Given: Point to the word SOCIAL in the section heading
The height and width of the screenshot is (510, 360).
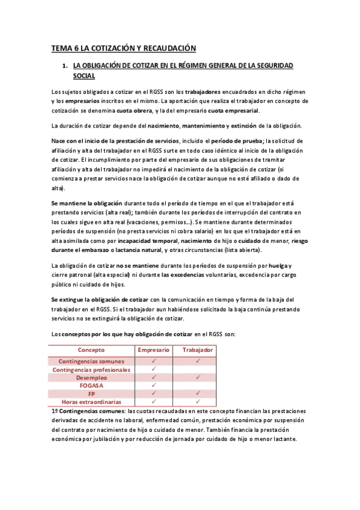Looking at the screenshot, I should point(84,76).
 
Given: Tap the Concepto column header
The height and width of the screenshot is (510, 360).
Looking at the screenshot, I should point(91,349).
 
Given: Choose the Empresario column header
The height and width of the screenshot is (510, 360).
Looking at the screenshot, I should point(154,349).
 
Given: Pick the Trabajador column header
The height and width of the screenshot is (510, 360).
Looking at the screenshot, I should point(197,349).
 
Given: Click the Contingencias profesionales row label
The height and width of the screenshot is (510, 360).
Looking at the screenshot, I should point(91,369).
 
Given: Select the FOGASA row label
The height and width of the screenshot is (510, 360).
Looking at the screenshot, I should point(91,386).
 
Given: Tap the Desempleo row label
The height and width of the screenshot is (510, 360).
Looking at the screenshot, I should point(91,378).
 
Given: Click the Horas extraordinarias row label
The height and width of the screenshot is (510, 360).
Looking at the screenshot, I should point(91,402).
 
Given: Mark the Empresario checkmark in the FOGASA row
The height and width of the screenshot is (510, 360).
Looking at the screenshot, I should point(154,386).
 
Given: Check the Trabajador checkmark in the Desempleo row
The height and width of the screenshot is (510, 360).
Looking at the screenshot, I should point(197,378).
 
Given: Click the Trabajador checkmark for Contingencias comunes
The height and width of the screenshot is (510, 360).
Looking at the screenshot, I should point(197,361).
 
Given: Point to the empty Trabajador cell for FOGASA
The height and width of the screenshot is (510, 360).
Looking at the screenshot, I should point(197,386).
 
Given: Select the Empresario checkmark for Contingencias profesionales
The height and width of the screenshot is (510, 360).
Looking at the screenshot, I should point(154,369).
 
